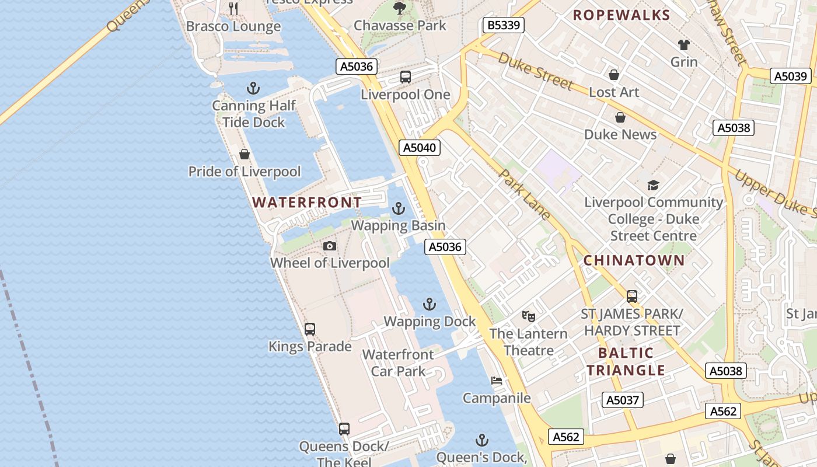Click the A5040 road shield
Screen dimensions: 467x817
[x=420, y=148]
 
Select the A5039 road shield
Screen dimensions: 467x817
[x=791, y=76]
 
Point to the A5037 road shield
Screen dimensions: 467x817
[x=623, y=400]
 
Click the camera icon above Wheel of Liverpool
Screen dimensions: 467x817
[x=330, y=246]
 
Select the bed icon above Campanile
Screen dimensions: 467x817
[x=497, y=381]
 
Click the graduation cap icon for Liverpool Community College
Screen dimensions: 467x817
[x=653, y=186]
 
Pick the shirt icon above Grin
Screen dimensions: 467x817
[x=684, y=45]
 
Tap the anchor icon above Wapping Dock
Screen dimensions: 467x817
[x=430, y=304]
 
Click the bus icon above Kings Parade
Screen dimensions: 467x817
[x=310, y=329]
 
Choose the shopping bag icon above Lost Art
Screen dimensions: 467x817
[x=614, y=75]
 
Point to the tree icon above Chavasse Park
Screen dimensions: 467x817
[x=400, y=8]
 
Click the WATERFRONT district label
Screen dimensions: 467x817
[x=307, y=203]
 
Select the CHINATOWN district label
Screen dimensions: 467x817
[x=634, y=260]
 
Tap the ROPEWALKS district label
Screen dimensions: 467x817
[x=622, y=15]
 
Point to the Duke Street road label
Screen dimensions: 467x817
[x=535, y=72]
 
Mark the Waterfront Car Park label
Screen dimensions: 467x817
[x=399, y=363]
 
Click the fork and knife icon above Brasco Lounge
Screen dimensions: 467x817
[x=233, y=8]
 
